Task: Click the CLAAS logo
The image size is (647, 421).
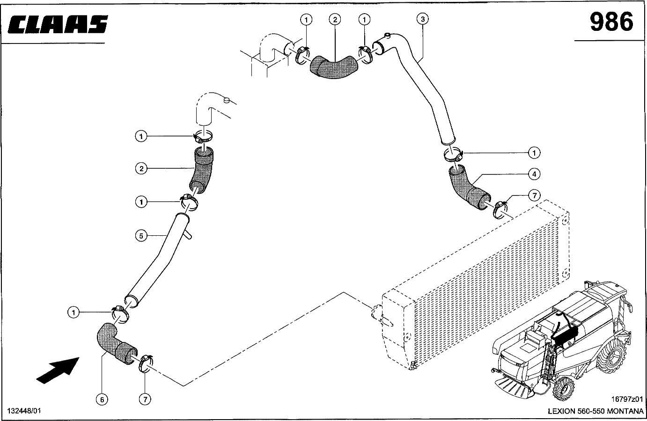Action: click(x=58, y=24)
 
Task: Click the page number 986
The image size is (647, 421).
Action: click(x=611, y=22)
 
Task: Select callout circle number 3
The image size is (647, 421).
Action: click(x=423, y=19)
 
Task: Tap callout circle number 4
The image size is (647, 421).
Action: click(x=534, y=174)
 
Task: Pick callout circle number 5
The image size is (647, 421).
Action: click(x=141, y=236)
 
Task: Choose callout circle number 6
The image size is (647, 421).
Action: click(x=102, y=399)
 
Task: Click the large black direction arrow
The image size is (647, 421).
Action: click(x=58, y=370)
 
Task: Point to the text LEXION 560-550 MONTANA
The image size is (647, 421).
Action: click(x=596, y=411)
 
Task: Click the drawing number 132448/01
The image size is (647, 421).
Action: click(x=24, y=411)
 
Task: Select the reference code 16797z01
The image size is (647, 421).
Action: click(x=627, y=399)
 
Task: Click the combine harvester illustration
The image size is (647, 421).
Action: click(x=562, y=341)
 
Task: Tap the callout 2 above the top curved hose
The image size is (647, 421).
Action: click(x=335, y=20)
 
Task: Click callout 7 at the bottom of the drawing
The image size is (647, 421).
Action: click(x=145, y=399)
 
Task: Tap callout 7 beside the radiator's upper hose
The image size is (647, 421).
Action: click(x=534, y=196)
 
